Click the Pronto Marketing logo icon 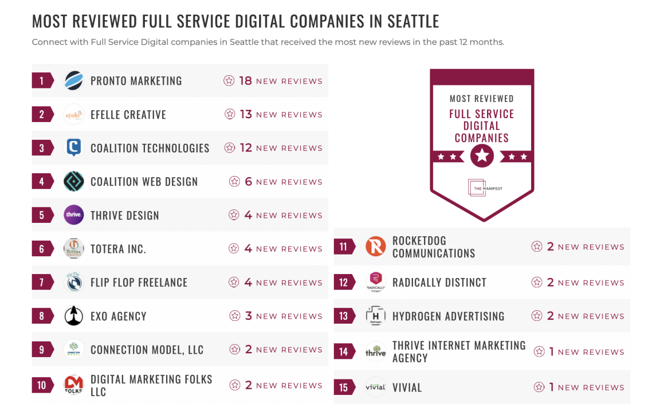click(74, 81)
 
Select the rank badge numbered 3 click(42, 148)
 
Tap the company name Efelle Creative click(128, 115)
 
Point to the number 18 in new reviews click(245, 81)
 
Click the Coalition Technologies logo click(74, 148)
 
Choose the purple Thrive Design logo click(74, 215)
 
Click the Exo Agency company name click(118, 316)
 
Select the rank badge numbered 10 click(42, 385)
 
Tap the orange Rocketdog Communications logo click(376, 247)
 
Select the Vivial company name click(407, 388)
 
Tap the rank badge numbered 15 click(343, 388)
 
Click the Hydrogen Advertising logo click(376, 316)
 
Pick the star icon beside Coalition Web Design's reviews click(235, 182)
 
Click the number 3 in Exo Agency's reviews click(249, 316)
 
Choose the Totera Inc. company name click(118, 249)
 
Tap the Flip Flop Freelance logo click(74, 282)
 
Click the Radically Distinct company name click(439, 282)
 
